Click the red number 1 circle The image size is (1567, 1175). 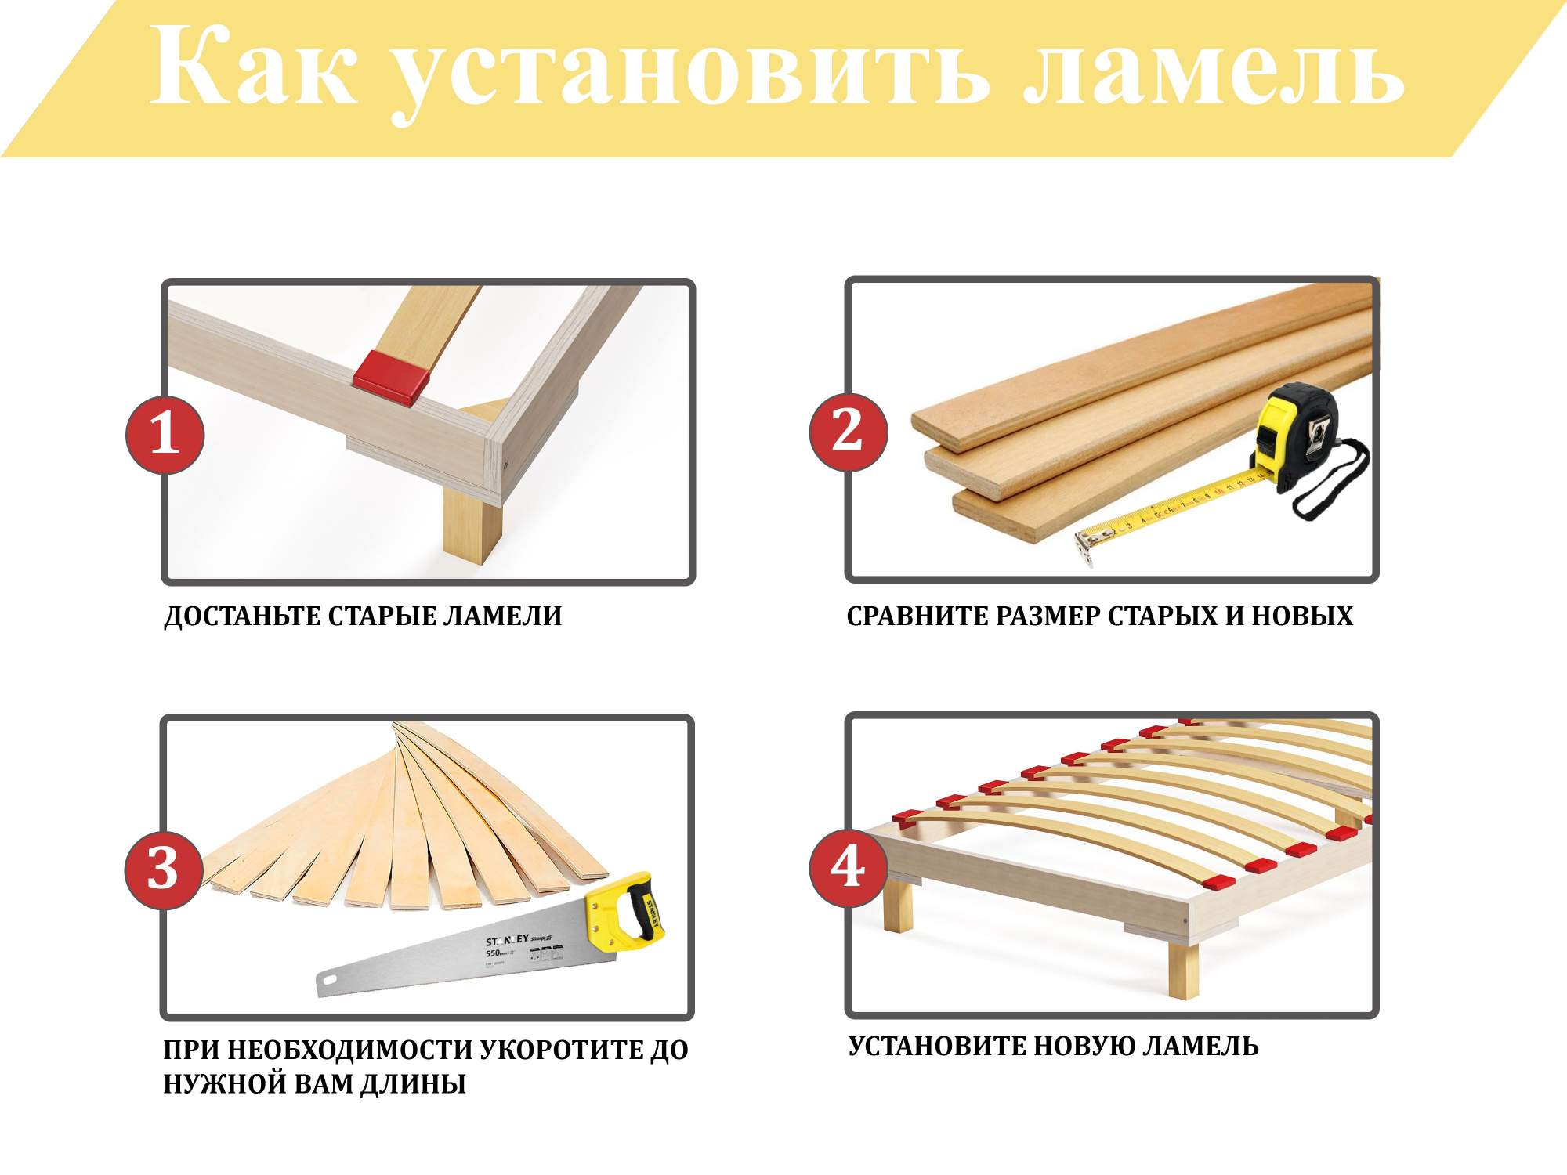point(165,435)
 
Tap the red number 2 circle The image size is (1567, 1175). point(849,432)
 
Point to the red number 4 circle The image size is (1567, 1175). point(849,867)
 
